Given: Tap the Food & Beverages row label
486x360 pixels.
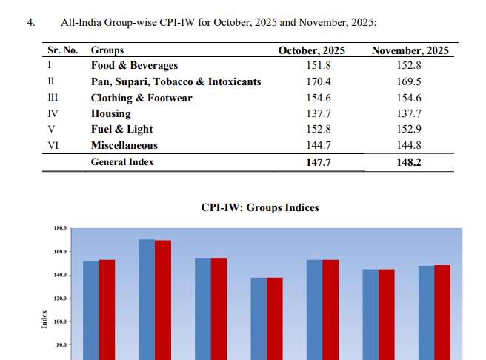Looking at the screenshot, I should (x=135, y=66).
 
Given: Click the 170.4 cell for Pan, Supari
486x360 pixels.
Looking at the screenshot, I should (x=319, y=81).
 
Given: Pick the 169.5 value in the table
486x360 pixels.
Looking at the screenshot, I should (x=410, y=81).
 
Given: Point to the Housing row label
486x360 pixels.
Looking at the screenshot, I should (x=111, y=113).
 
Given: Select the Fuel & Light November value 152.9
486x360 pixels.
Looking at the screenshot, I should (x=410, y=130).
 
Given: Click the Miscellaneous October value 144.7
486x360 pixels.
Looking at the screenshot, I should (x=319, y=146).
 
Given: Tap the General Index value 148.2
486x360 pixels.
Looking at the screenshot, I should (x=410, y=161).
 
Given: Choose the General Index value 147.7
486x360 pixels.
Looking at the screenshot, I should (x=319, y=161).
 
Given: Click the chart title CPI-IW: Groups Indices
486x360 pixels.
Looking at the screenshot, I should (x=260, y=207).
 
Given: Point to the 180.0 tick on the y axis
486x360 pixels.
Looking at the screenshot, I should (x=60, y=230).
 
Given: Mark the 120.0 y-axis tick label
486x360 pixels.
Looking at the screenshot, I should (x=60, y=299).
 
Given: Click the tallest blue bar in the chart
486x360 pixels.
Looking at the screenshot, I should (x=147, y=296).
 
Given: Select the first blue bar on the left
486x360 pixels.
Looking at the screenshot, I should (x=90, y=307).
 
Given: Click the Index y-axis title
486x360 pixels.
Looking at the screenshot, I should (x=44, y=319).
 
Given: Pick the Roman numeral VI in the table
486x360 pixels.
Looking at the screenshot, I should (x=53, y=146).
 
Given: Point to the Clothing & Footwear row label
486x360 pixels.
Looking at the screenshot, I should (x=142, y=98).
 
